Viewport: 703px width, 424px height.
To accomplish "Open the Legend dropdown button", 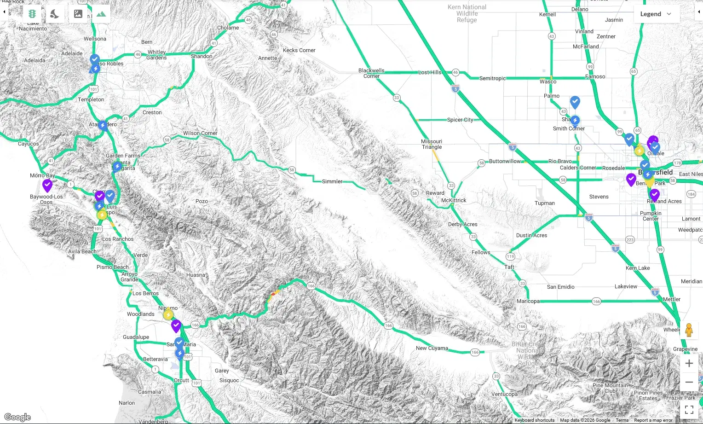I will click(x=656, y=14).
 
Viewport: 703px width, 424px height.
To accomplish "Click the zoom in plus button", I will click(x=689, y=363).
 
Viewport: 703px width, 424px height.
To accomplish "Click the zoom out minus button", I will click(x=689, y=382).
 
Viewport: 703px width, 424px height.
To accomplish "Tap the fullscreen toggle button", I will click(x=689, y=409).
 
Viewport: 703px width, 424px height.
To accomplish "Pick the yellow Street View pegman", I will click(x=689, y=330).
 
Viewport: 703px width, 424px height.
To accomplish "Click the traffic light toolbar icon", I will click(x=32, y=14).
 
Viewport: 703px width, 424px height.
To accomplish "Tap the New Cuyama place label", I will click(x=432, y=348).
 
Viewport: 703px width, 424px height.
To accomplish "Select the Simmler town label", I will click(x=332, y=181).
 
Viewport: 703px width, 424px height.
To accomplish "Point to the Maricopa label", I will click(x=528, y=301).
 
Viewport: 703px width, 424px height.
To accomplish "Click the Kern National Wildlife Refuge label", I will click(x=467, y=13).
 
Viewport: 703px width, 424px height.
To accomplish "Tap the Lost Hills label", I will click(x=429, y=72).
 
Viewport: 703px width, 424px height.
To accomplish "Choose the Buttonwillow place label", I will click(x=505, y=161).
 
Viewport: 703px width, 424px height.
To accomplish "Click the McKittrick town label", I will click(x=453, y=200).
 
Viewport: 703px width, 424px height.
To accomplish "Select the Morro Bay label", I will click(x=42, y=175).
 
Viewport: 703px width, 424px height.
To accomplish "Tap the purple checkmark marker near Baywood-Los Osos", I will click(x=47, y=185).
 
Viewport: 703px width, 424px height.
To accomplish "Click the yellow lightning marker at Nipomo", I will click(x=168, y=314).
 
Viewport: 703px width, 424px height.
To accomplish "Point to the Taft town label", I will click(x=509, y=267).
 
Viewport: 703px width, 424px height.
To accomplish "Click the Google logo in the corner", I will click(x=17, y=417).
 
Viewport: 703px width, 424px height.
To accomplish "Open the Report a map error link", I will click(x=653, y=420).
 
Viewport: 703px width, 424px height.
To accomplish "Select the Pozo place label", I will click(x=202, y=201).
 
